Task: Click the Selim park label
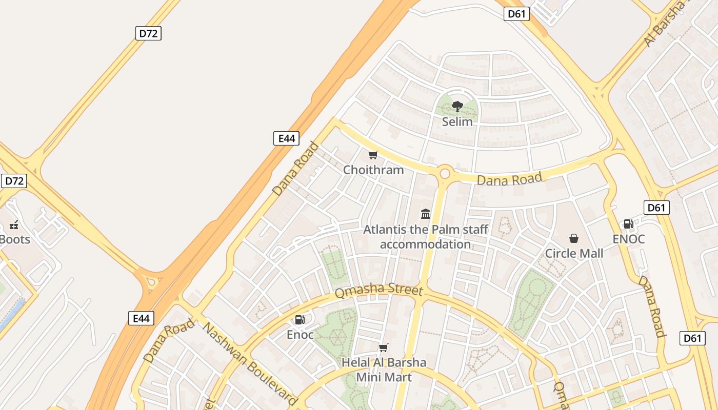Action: point(457,121)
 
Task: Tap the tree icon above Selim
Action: point(457,107)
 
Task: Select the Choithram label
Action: point(373,170)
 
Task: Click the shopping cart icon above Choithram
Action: point(373,155)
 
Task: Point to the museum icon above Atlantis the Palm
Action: point(426,214)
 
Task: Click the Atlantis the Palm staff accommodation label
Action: point(426,236)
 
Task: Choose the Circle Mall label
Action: point(574,253)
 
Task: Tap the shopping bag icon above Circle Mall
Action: point(574,238)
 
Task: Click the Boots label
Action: point(14,239)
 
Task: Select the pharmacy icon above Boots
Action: point(14,224)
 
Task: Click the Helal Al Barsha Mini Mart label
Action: point(384,370)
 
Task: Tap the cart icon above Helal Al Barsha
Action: point(383,348)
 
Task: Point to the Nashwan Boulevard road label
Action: point(250,364)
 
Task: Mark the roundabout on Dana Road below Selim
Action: point(444,173)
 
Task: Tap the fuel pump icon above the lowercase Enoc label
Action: point(300,320)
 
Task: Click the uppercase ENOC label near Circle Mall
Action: point(629,239)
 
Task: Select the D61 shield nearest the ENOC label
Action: point(656,208)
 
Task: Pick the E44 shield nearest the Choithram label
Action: point(286,138)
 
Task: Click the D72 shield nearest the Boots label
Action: point(14,181)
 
